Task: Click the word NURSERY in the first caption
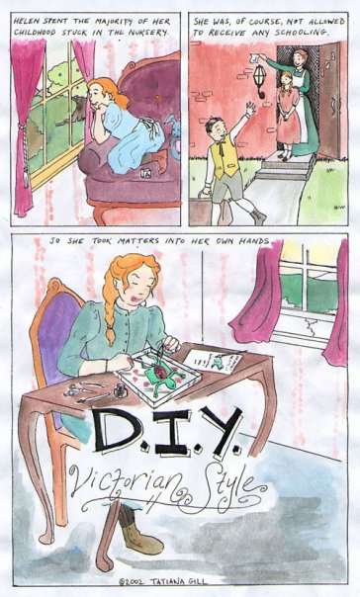coord(147,32)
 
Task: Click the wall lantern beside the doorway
coord(259,80)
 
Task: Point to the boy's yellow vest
coord(225,158)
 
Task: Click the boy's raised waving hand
coord(250,108)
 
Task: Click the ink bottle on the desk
coord(121,390)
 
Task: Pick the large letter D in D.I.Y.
coord(117,430)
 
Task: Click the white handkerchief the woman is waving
coord(254,58)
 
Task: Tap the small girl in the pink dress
coord(287,116)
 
